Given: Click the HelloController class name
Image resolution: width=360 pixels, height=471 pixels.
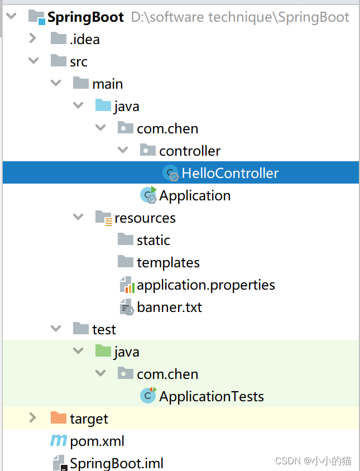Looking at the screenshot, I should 229,174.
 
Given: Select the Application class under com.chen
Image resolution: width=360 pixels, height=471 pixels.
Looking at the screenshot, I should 194,196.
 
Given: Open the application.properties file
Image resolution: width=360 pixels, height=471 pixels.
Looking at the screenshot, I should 205,285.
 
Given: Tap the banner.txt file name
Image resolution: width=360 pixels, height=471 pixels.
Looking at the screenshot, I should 169,307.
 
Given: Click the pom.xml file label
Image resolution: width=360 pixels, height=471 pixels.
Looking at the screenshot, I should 97,441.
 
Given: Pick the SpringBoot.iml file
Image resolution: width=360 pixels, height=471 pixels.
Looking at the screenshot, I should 116,463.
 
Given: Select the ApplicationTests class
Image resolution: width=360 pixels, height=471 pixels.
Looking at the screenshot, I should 211,397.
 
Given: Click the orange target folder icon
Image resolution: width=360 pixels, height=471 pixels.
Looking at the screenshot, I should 58,418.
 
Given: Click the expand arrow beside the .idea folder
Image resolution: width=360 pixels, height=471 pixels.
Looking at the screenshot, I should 32,39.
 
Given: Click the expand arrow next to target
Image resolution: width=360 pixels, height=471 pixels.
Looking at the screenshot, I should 32,418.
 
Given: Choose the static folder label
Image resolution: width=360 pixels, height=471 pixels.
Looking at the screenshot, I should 153,241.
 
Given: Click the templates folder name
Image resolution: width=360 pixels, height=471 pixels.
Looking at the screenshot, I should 168,263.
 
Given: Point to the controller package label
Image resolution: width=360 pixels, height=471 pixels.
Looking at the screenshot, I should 189,151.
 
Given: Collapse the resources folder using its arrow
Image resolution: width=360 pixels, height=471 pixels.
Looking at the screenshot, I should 78,218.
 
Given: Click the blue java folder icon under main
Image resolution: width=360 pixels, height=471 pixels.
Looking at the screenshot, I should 103,106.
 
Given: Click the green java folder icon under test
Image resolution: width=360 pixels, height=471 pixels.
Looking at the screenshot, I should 103,352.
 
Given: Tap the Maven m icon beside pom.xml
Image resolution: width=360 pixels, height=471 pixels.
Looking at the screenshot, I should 58,441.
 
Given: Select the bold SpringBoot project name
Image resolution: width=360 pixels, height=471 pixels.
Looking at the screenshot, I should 85,17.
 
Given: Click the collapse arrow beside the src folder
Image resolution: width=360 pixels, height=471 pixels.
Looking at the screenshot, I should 32,61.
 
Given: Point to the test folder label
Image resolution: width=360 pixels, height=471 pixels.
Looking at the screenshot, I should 104,330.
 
